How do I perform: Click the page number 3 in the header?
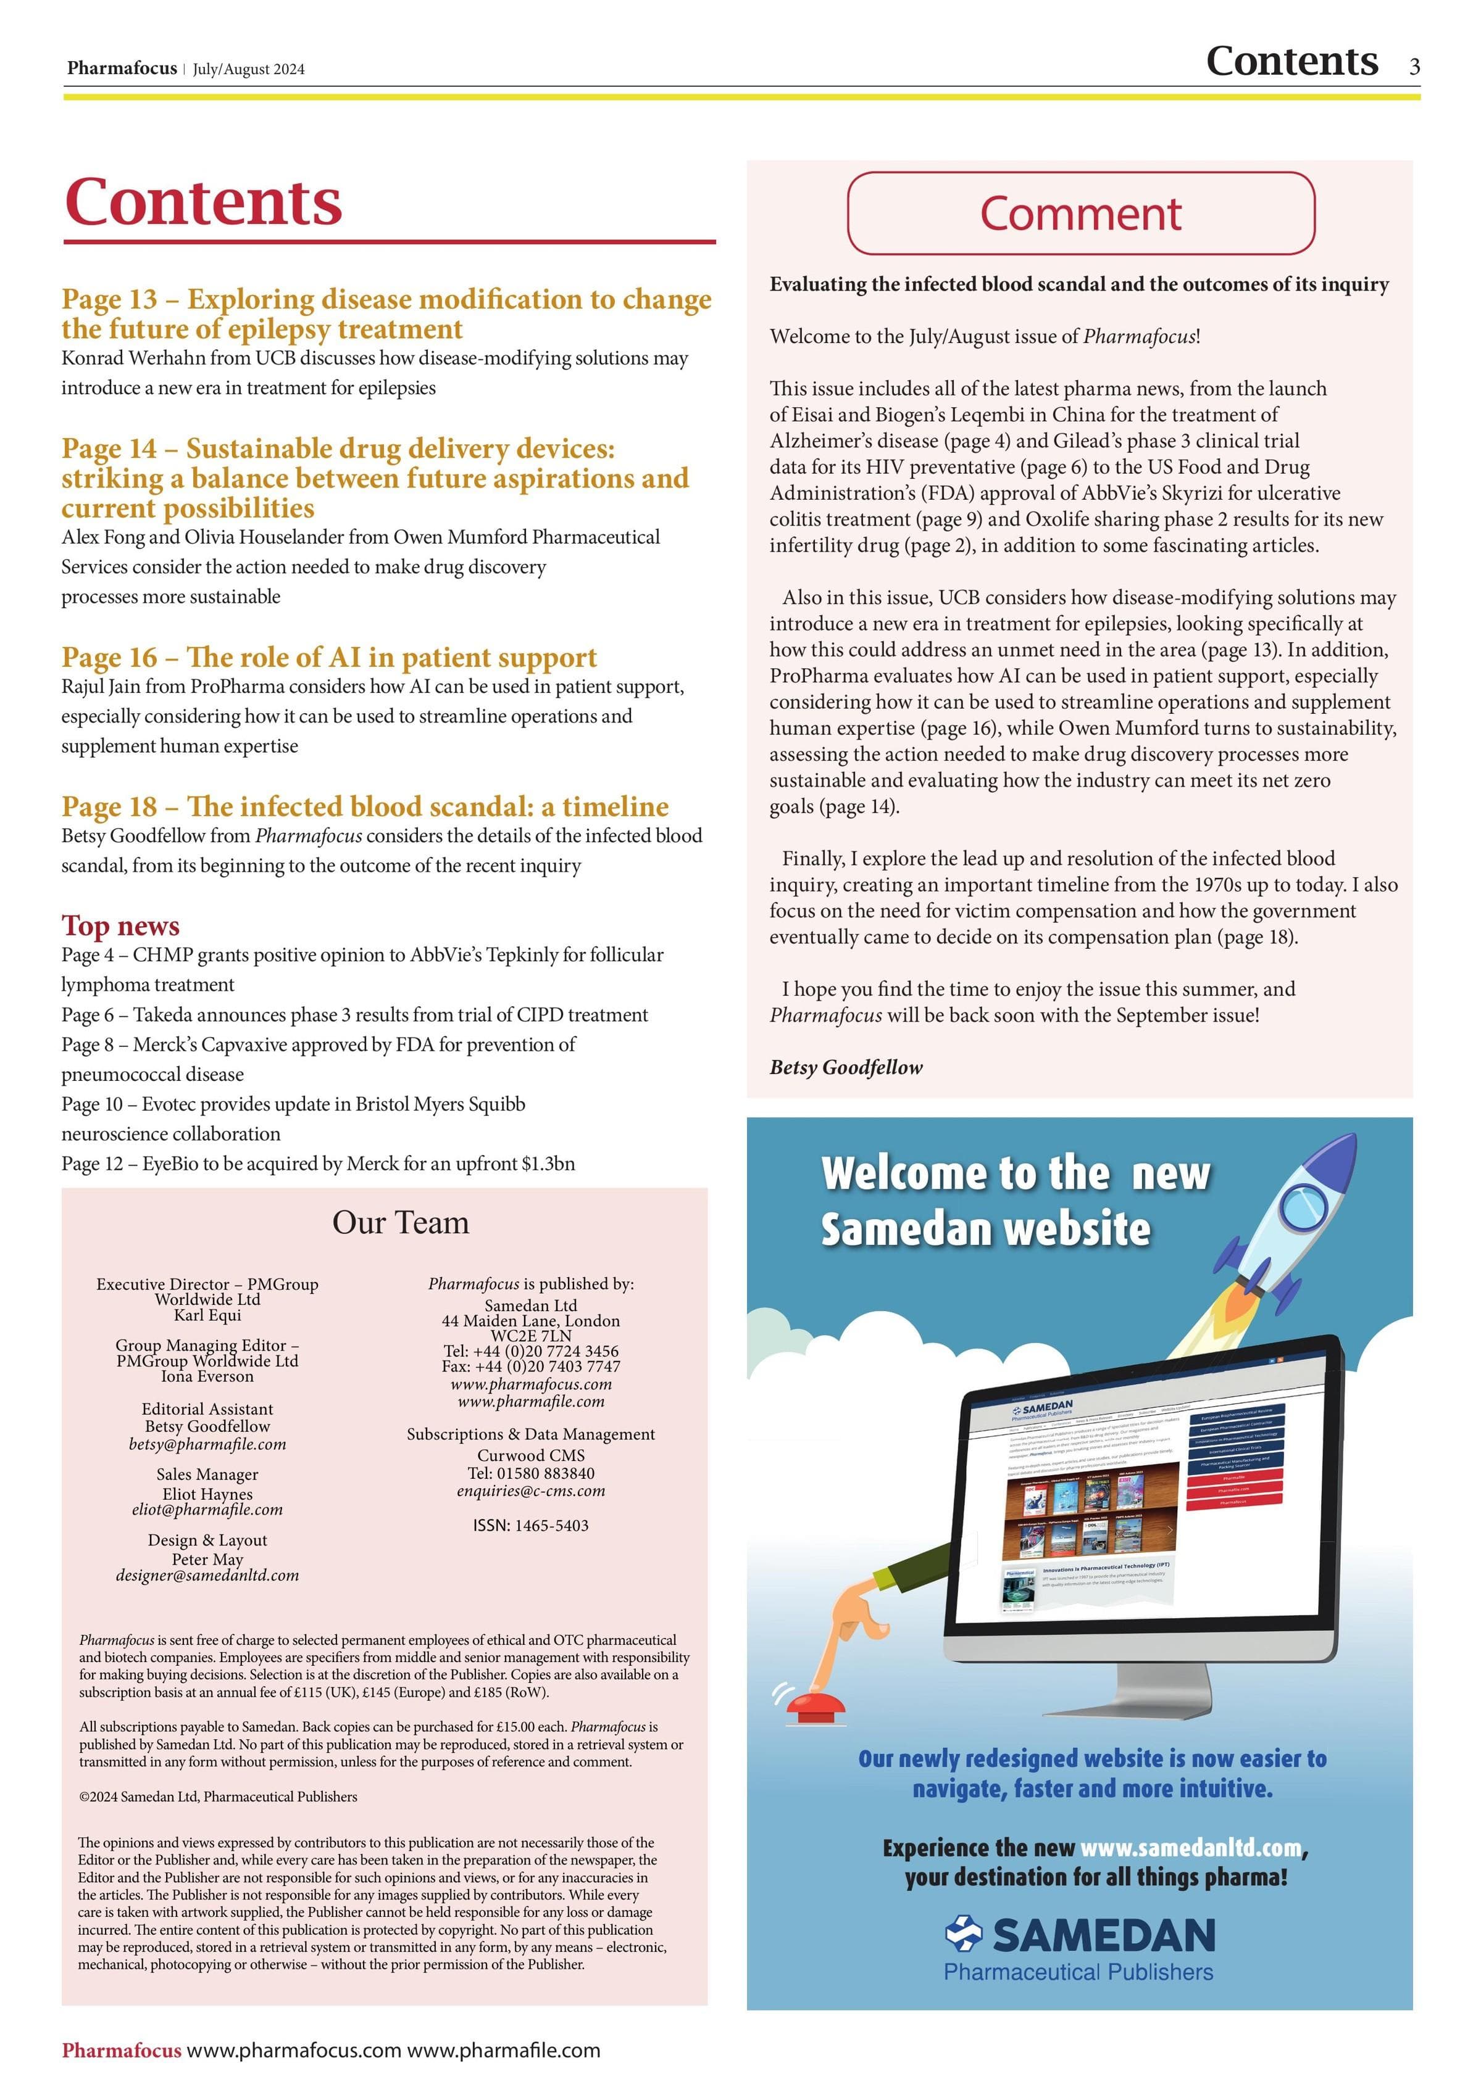(x=1414, y=67)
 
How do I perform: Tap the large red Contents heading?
(x=204, y=202)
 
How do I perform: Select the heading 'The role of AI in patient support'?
(x=329, y=658)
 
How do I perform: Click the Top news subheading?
(x=120, y=926)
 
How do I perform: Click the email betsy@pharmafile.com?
(x=207, y=1444)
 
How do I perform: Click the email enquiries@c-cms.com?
(x=531, y=1491)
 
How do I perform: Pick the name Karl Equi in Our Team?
(x=207, y=1315)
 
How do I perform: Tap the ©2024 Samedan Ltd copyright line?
(x=219, y=1797)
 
